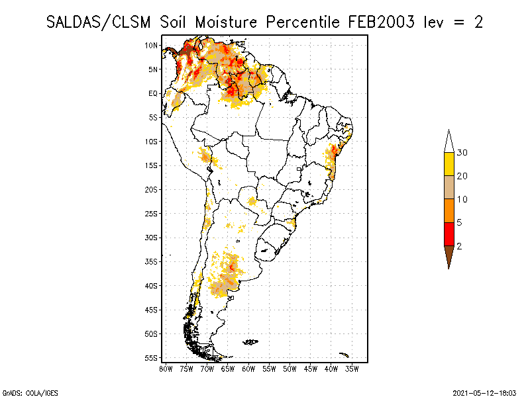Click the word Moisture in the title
(226, 22)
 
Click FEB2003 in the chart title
(381, 22)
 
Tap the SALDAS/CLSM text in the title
(98, 22)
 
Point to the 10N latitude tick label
(151, 45)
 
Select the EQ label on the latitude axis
(153, 93)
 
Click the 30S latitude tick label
(151, 238)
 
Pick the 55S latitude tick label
(151, 358)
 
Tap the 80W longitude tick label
(166, 369)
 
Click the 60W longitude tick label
(248, 369)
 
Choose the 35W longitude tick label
(352, 369)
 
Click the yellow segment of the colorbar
(449, 164)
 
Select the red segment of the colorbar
(449, 234)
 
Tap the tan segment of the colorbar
(449, 187)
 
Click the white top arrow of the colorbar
(449, 142)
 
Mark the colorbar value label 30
(462, 153)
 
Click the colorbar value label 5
(459, 222)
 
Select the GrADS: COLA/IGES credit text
(30, 393)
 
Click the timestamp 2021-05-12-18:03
(484, 393)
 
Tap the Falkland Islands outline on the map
(250, 342)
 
